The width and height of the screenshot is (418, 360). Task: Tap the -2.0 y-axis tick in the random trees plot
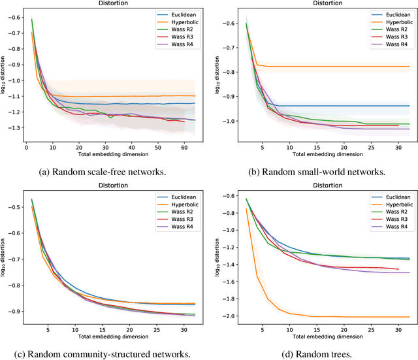pos(226,316)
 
